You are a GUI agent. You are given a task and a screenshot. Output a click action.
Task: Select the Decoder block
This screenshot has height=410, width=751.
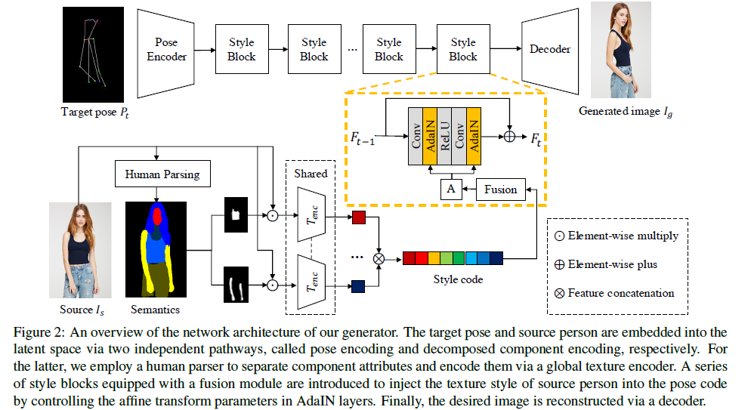(549, 50)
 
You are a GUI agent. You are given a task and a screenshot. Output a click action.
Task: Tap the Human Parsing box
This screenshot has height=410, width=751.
(163, 175)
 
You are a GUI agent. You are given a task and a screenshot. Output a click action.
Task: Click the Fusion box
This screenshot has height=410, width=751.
(500, 190)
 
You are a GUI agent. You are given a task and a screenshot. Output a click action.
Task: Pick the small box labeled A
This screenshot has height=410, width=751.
(451, 190)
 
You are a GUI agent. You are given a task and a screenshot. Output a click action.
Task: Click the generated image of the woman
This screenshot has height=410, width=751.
(620, 50)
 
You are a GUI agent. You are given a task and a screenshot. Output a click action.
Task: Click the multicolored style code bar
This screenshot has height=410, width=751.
(453, 258)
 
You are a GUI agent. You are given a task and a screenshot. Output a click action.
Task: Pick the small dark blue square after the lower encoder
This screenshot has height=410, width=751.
(360, 285)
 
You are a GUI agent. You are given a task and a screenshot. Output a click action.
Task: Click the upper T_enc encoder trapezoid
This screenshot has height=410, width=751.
(311, 216)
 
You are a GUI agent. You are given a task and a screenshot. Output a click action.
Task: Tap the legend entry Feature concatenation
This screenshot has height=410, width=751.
(613, 293)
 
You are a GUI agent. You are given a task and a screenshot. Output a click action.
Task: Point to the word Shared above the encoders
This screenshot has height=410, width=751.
(311, 174)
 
